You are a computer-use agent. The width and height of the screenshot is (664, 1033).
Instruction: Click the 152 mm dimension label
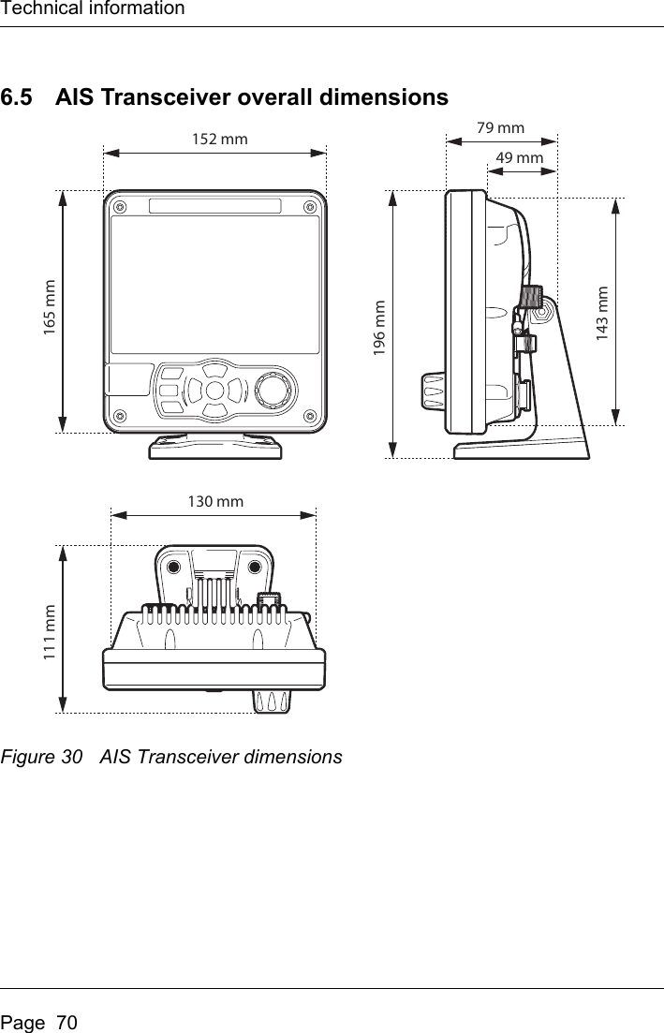[x=219, y=140]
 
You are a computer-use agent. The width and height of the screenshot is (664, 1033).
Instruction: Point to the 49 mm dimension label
[x=519, y=158]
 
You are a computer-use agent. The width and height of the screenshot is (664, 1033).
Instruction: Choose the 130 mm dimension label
[x=215, y=502]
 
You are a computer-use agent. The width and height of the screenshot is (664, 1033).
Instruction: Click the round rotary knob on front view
[x=274, y=388]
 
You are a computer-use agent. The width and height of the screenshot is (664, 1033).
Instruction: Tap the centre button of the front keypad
[x=214, y=389]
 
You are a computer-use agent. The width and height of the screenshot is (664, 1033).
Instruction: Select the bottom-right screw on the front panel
[x=309, y=415]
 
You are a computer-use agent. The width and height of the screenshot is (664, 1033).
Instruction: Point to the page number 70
[x=66, y=1014]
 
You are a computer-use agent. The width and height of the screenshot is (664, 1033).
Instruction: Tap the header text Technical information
[x=93, y=9]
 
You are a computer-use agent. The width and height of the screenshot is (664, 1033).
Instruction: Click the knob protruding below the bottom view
[x=270, y=701]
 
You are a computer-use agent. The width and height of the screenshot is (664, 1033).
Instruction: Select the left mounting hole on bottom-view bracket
[x=173, y=568]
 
